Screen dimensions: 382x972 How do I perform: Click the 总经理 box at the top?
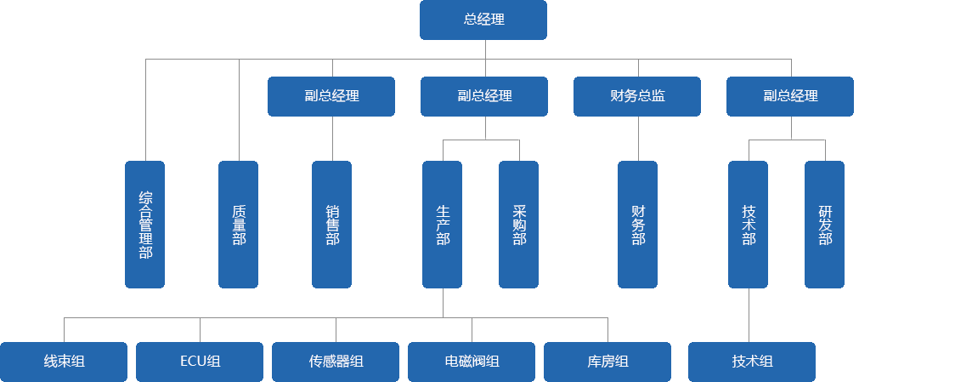pyautogui.click(x=483, y=20)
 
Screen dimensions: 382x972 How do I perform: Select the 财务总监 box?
pyautogui.click(x=637, y=96)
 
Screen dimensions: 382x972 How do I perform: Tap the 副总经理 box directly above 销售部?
pyautogui.click(x=331, y=96)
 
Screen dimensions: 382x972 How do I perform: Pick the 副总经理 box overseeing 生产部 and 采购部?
pyautogui.click(x=484, y=96)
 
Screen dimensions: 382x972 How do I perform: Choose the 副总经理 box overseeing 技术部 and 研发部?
pyautogui.click(x=790, y=96)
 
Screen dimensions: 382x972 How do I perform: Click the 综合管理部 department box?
pyautogui.click(x=144, y=224)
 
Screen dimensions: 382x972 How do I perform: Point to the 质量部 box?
pyautogui.click(x=238, y=224)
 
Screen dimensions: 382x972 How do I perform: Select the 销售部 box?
pyautogui.click(x=331, y=224)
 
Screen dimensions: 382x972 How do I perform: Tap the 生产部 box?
pyautogui.click(x=442, y=224)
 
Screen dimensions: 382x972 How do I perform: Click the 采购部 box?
pyautogui.click(x=518, y=224)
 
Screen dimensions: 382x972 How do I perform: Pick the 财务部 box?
pyautogui.click(x=637, y=224)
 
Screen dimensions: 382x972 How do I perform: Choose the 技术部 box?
pyautogui.click(x=748, y=224)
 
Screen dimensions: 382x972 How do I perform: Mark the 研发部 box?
pyautogui.click(x=824, y=224)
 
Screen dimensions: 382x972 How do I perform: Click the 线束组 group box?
pyautogui.click(x=64, y=362)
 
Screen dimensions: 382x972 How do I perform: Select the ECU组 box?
pyautogui.click(x=200, y=362)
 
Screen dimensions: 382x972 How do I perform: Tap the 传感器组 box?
pyautogui.click(x=336, y=362)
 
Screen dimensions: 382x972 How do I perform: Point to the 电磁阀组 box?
pyautogui.click(x=472, y=362)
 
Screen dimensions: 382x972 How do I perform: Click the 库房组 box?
pyautogui.click(x=607, y=362)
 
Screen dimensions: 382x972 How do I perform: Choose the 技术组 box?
pyautogui.click(x=752, y=362)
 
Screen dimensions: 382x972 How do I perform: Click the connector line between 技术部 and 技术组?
pyautogui.click(x=749, y=315)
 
